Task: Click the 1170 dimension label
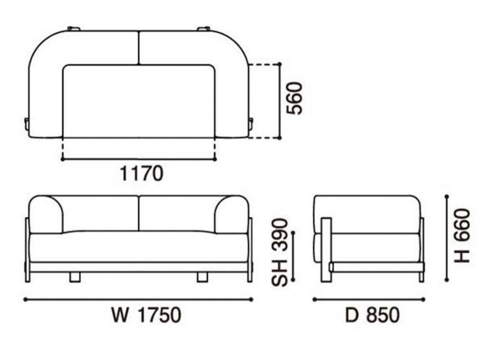coord(141,173)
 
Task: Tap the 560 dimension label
coord(294,98)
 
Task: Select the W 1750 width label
coord(146,315)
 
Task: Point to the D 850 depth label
coord(372,315)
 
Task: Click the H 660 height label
coord(462,236)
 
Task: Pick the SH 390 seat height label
coord(279,252)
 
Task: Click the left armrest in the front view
coord(46,215)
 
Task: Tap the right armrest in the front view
coord(232,215)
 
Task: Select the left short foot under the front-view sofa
coord(75,277)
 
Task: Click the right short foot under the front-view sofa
coord(203,277)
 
